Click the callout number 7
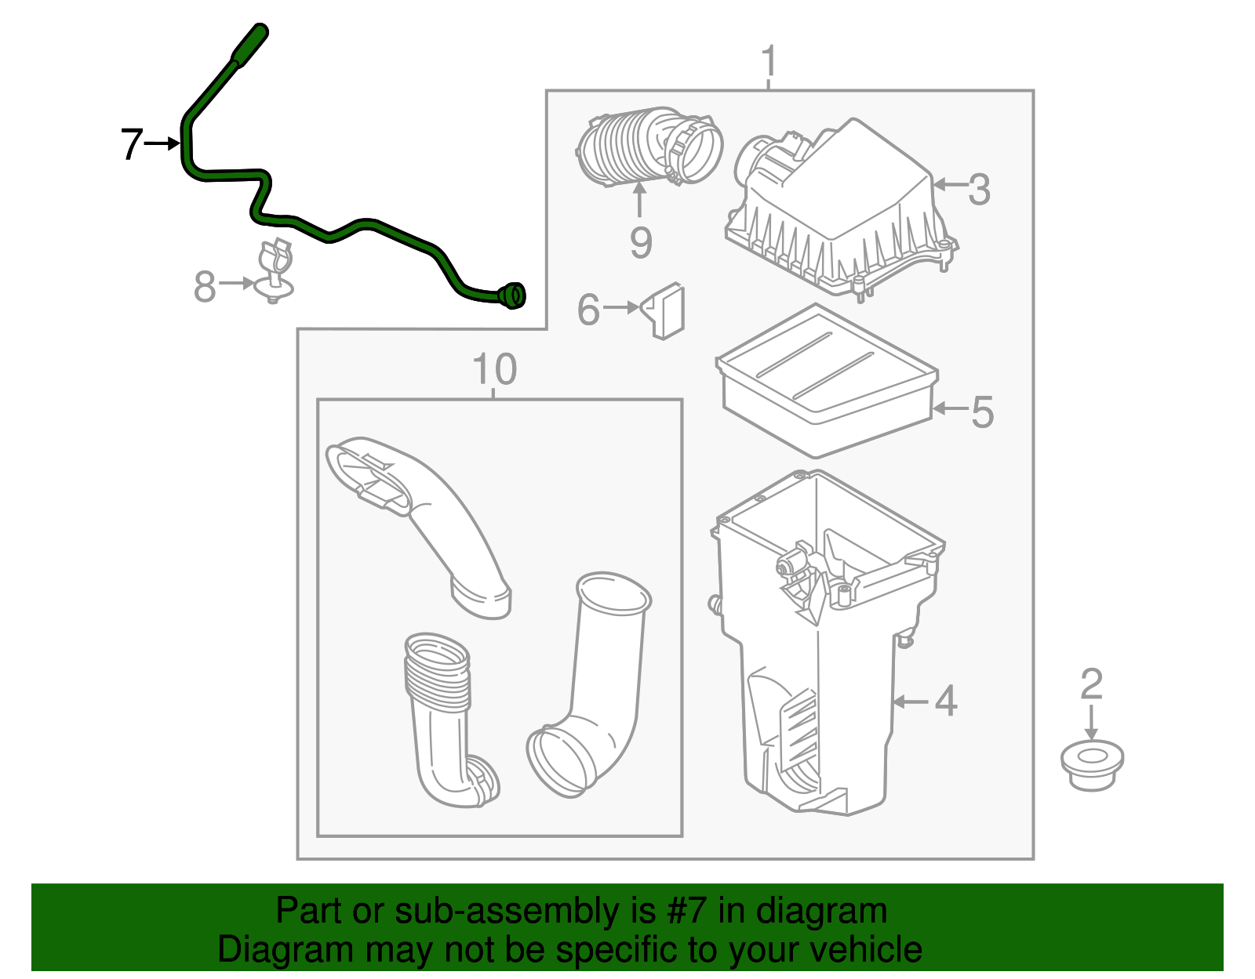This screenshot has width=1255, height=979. click(x=131, y=144)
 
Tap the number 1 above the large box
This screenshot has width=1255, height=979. click(x=769, y=61)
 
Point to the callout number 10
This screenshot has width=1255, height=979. click(x=495, y=369)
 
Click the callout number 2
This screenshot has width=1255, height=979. click(x=1091, y=684)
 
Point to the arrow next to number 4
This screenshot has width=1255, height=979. click(x=910, y=701)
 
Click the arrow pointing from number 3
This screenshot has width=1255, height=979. click(x=948, y=185)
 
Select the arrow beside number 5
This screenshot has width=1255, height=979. click(x=949, y=409)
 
